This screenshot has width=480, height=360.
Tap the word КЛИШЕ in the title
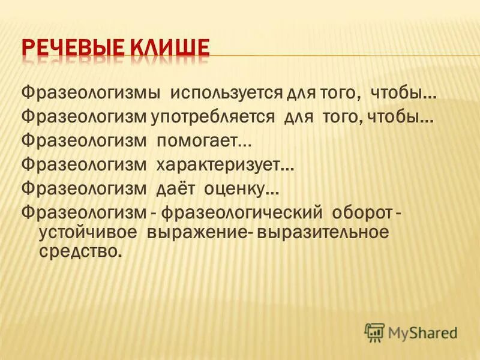176,47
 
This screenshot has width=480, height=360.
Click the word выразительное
322,232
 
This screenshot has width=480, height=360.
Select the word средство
80,252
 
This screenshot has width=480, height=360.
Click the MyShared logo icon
374,331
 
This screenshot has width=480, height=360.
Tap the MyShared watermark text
422,332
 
